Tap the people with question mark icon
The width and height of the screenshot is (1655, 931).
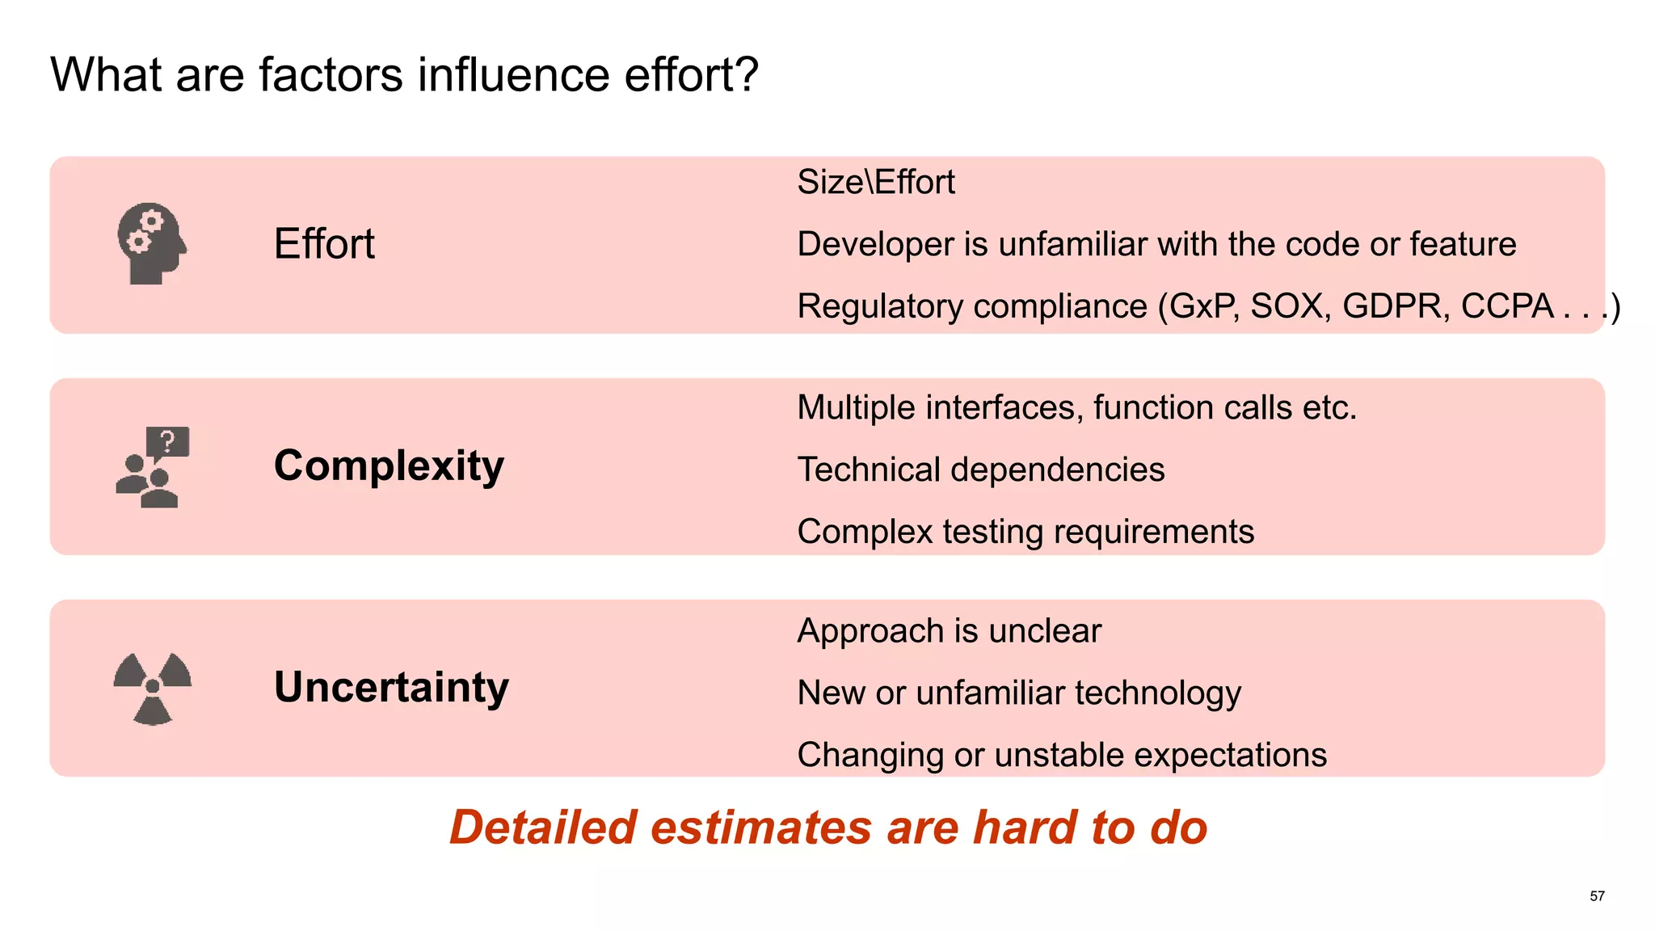pyautogui.click(x=153, y=467)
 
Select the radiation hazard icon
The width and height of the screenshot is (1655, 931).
pyautogui.click(x=153, y=689)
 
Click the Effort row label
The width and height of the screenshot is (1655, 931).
pyautogui.click(x=324, y=243)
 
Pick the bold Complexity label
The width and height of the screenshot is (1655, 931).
pyautogui.click(x=389, y=466)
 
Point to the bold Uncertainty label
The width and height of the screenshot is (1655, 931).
pyautogui.click(x=391, y=688)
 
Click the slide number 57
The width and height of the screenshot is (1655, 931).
pyautogui.click(x=1597, y=896)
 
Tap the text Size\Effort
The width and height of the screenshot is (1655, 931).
pyautogui.click(x=876, y=182)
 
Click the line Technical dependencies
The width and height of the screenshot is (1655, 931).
pyautogui.click(x=981, y=470)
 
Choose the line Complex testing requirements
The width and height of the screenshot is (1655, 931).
pyautogui.click(x=1025, y=532)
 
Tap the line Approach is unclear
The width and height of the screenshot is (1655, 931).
pyautogui.click(x=949, y=630)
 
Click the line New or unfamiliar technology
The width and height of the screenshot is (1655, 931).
pyautogui.click(x=1019, y=693)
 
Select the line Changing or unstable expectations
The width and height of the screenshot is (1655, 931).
pyautogui.click(x=1062, y=755)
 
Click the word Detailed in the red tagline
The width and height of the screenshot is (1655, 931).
pyautogui.click(x=543, y=828)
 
